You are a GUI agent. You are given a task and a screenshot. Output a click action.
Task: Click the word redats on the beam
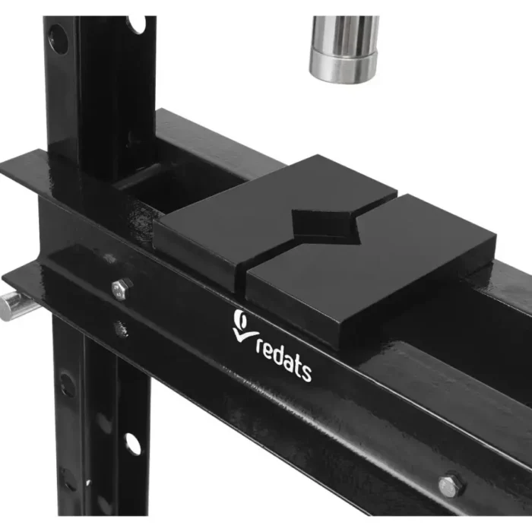pyautogui.click(x=283, y=359)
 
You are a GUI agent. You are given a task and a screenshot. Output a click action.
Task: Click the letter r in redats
pyautogui.click(x=260, y=348)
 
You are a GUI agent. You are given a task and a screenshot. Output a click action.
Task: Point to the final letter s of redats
pyautogui.click(x=306, y=373)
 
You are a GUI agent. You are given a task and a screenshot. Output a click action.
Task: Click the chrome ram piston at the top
pyautogui.click(x=344, y=49)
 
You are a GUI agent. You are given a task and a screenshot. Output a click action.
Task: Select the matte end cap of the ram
pyautogui.click(x=343, y=67)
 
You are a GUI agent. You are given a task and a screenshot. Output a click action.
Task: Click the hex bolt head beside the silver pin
pyautogui.click(x=122, y=288)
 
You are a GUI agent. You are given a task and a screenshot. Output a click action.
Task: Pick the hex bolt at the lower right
pyautogui.click(x=451, y=485)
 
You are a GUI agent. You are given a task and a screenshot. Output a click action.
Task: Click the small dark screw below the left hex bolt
pyautogui.click(x=121, y=328)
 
